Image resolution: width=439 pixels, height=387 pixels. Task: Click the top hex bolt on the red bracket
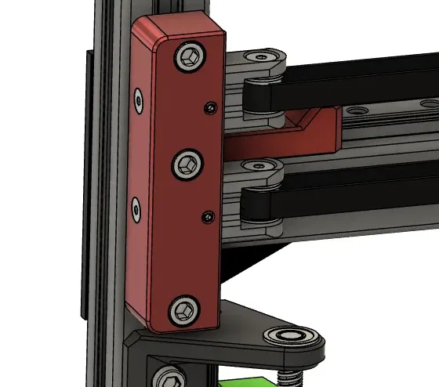click(190, 56)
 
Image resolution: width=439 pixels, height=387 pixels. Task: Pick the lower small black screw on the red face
click(207, 215)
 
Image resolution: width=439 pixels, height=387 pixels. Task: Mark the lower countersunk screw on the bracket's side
click(136, 208)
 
